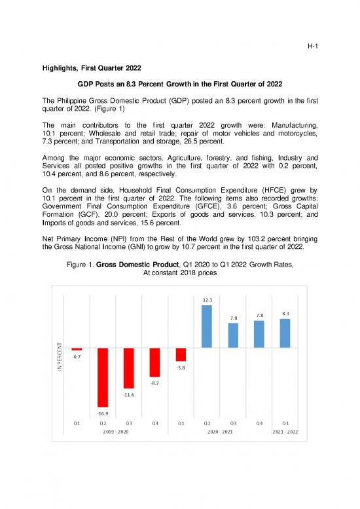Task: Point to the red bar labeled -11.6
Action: [129, 368]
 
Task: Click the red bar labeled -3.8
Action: [181, 354]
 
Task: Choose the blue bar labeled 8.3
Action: [285, 333]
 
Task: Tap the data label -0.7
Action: [77, 357]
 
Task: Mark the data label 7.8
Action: [259, 314]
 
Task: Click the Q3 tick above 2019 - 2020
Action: [129, 423]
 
